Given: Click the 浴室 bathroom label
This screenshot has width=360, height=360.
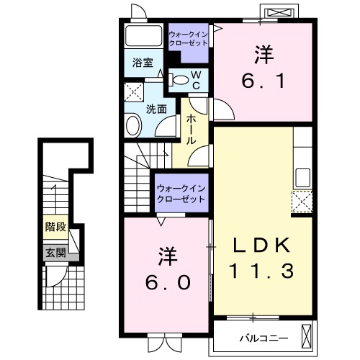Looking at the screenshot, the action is pyautogui.click(x=143, y=63).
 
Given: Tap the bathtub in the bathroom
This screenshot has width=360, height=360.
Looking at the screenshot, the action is pyautogui.click(x=144, y=35).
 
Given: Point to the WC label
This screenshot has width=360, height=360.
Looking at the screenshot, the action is pyautogui.click(x=197, y=81).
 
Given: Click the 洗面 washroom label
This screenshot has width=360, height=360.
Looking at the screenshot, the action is pyautogui.click(x=156, y=109).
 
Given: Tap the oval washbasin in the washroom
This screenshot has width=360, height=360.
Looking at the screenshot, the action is pyautogui.click(x=133, y=125).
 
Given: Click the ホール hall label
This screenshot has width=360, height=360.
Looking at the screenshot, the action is pyautogui.click(x=192, y=130).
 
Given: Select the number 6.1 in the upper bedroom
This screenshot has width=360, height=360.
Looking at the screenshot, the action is pyautogui.click(x=264, y=81).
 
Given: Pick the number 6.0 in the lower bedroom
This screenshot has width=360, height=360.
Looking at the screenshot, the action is pyautogui.click(x=168, y=282).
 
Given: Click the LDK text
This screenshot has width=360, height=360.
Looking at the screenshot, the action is pyautogui.click(x=261, y=246).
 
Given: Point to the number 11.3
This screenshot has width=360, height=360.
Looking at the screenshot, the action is pyautogui.click(x=261, y=271).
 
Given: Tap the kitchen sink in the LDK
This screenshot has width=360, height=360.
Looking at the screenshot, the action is pyautogui.click(x=302, y=178).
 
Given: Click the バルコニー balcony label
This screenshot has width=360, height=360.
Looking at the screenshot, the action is pyautogui.click(x=264, y=338).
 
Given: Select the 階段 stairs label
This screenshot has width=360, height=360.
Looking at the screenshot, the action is pyautogui.click(x=56, y=227).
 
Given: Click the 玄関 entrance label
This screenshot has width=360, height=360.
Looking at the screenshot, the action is pyautogui.click(x=56, y=253).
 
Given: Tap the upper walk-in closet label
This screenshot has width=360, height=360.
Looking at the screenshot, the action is pyautogui.click(x=189, y=39).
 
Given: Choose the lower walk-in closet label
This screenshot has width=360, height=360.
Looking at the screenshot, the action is pyautogui.click(x=181, y=194).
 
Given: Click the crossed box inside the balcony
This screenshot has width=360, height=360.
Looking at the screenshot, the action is pyautogui.click(x=306, y=336).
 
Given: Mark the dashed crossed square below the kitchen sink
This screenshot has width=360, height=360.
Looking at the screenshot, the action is pyautogui.click(x=302, y=202).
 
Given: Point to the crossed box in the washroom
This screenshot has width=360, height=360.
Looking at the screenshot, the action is pyautogui.click(x=134, y=92).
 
